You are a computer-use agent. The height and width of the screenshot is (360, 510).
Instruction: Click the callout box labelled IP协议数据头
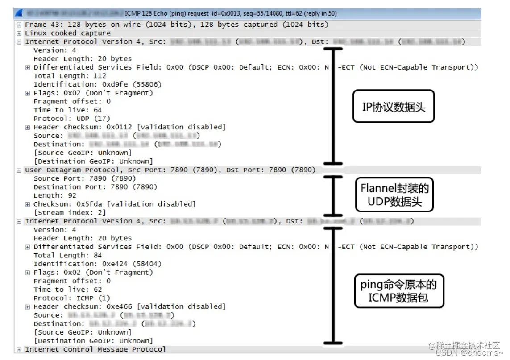point(393,107)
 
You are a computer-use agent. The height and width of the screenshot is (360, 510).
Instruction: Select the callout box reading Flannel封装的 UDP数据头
point(394,194)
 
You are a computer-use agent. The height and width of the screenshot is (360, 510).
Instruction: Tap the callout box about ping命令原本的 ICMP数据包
point(399,291)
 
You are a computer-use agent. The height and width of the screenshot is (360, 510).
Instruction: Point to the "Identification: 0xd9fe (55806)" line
point(97,84)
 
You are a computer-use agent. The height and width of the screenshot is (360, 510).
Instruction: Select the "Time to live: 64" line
point(67,110)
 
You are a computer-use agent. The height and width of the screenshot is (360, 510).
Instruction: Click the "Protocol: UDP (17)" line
point(71,118)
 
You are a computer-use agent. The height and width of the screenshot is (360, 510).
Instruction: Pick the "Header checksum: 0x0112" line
point(129,127)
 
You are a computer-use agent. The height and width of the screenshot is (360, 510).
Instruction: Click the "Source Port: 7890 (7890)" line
point(84,178)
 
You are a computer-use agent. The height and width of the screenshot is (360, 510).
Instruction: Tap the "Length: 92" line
point(55,195)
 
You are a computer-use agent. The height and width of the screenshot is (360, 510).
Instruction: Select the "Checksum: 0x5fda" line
point(115,204)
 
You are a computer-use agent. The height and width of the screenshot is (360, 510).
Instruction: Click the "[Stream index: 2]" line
point(70,212)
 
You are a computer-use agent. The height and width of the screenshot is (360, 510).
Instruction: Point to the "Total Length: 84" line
point(67,256)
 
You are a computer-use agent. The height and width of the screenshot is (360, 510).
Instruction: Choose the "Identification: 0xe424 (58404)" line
point(97,264)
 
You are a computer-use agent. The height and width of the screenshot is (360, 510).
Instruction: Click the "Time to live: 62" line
point(67,290)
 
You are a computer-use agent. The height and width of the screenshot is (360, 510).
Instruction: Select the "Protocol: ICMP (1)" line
point(71,298)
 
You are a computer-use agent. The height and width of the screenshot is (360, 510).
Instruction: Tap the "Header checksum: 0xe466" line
point(129,306)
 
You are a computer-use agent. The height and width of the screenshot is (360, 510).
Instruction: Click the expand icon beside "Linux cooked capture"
point(19,33)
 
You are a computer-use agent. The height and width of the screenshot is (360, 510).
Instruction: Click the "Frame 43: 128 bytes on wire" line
point(176,25)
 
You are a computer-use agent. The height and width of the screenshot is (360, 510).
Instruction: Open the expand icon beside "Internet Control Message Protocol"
point(19,349)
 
